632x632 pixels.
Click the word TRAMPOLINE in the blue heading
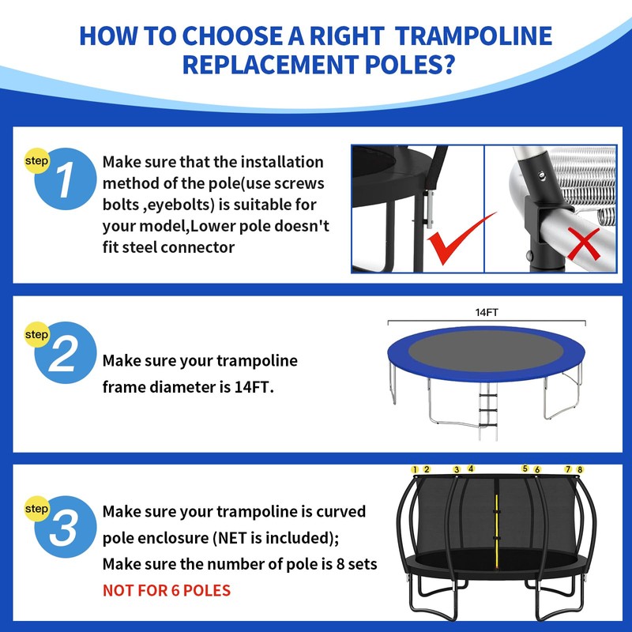(x=473, y=36)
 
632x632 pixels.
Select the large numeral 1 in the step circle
(x=65, y=180)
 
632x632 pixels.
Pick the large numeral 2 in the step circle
(x=63, y=354)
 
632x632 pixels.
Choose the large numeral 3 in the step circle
(x=63, y=529)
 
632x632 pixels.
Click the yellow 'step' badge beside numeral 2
(x=36, y=334)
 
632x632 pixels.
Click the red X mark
(x=584, y=243)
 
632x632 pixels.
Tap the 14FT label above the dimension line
(x=487, y=312)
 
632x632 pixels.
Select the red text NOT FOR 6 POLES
(x=167, y=590)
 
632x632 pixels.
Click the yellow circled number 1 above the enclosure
(x=415, y=469)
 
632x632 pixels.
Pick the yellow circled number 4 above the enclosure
(x=471, y=468)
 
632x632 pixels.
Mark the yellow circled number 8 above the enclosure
(x=580, y=469)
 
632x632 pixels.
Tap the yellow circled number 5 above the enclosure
(x=525, y=468)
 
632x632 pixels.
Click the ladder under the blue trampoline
(x=488, y=411)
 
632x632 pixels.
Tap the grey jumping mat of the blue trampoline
(x=486, y=350)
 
